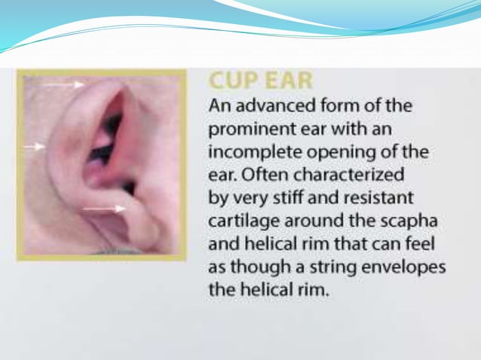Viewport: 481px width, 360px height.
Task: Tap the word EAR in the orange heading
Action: (286, 81)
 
